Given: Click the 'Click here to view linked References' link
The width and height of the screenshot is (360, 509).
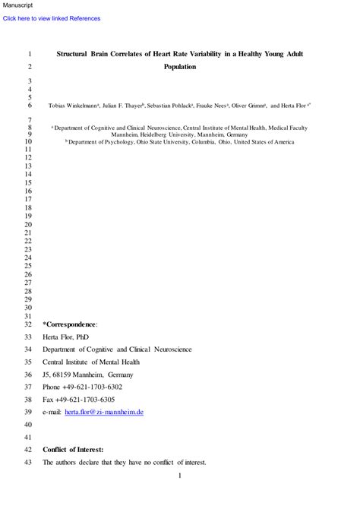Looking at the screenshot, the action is [52, 18].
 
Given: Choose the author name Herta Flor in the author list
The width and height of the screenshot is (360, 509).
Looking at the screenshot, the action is [295, 106].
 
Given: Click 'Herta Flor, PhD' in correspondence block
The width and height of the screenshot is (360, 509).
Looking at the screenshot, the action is [67, 337].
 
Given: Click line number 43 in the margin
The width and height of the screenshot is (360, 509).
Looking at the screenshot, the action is [29, 462].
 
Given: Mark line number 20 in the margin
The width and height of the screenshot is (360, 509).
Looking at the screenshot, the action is [29, 225].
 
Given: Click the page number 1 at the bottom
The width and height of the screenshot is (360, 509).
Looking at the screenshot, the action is [180, 476].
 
